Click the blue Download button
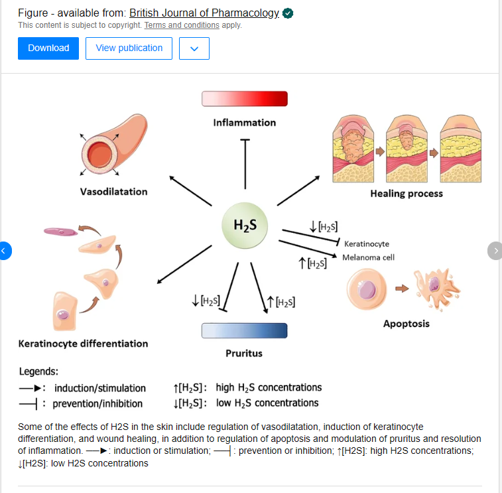coord(48,48)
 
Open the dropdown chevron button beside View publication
coord(194,48)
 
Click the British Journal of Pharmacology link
coord(204,13)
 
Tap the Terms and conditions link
coord(182,25)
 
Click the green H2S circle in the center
coord(245,226)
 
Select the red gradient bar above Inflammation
coord(245,98)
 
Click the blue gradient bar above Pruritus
coord(244,330)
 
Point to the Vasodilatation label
coord(113,192)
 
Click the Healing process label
coord(406,194)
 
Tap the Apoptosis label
coord(406,324)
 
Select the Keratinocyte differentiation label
coord(83,344)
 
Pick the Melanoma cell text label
coord(368,257)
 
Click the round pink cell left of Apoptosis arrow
coord(367,290)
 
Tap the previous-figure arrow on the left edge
coord(5,251)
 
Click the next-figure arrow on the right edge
coord(495,251)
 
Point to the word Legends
coord(38,372)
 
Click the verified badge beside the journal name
coord(288,13)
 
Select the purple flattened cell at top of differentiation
coord(61,232)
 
